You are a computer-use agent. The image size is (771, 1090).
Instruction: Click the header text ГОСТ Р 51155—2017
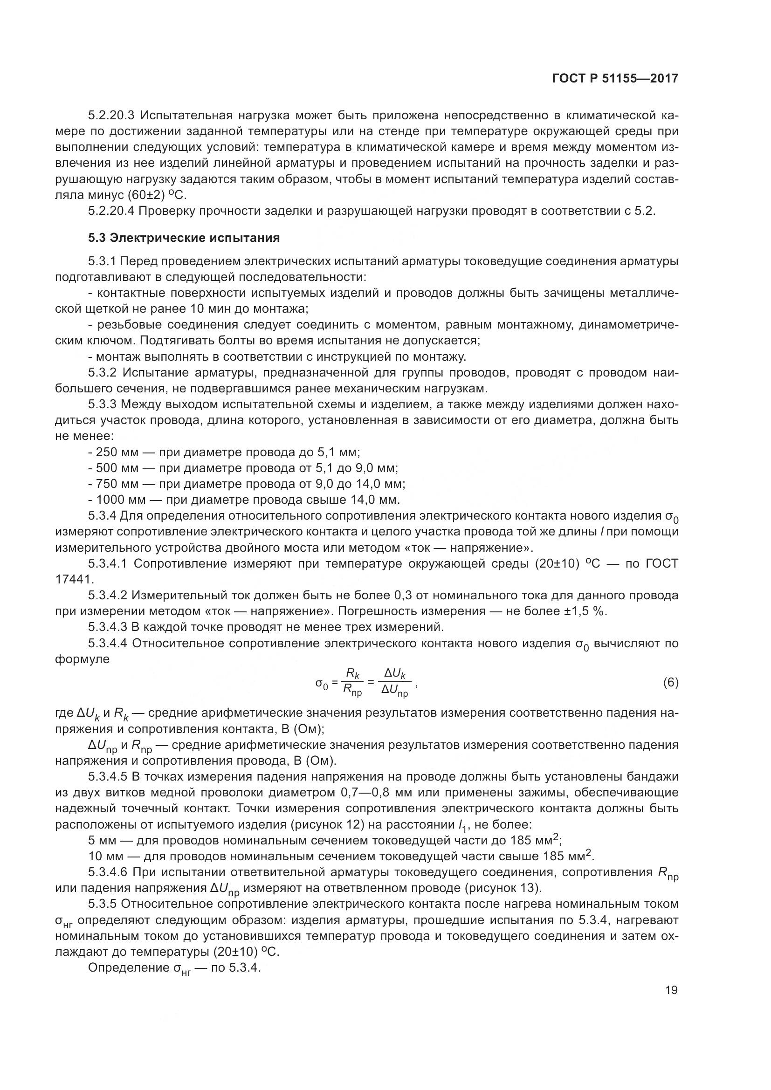pos(615,78)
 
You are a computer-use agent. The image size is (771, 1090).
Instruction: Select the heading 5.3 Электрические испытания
pos(184,238)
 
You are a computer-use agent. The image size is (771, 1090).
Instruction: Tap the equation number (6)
pos(670,683)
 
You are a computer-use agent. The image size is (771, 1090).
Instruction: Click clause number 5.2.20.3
pos(111,116)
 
